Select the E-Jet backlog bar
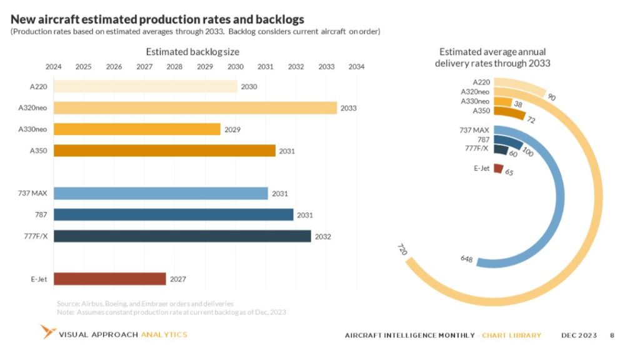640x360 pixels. click(110, 279)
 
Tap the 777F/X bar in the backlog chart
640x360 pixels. click(182, 236)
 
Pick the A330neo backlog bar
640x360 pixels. click(137, 129)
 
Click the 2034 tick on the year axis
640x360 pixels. click(356, 67)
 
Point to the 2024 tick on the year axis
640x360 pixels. click(54, 67)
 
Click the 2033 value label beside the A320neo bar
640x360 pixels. click(348, 108)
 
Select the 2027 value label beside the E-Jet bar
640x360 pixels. click(178, 279)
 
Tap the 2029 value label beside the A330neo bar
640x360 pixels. click(232, 129)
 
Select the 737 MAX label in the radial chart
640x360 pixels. click(474, 130)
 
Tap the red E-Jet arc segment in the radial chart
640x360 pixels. click(498, 168)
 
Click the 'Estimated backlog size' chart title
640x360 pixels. click(192, 52)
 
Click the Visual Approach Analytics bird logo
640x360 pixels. click(47, 332)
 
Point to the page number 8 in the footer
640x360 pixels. click(612, 336)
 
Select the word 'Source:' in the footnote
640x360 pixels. click(67, 303)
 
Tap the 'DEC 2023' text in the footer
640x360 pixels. click(579, 336)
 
